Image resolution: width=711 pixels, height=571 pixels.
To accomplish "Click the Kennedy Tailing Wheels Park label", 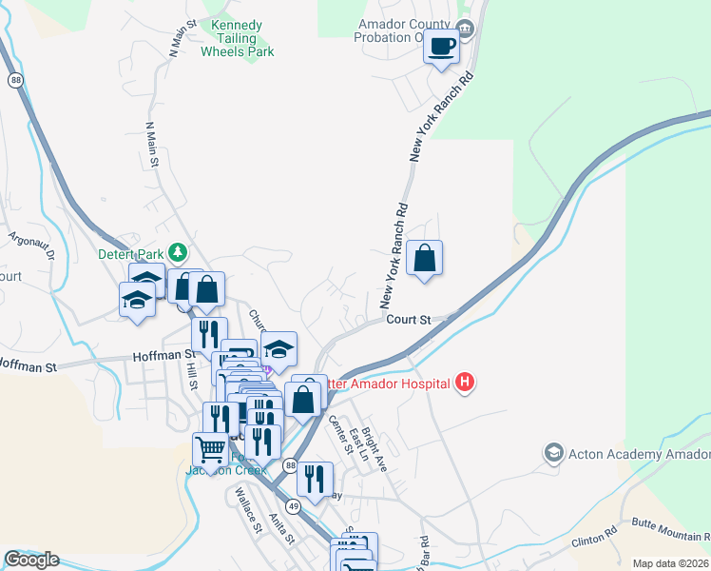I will point(237,38).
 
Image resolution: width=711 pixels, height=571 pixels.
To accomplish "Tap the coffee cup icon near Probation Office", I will point(441,47).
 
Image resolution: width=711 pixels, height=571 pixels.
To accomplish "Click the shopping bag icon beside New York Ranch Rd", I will point(424,258).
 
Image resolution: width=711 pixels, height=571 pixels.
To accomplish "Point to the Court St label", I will point(409,320).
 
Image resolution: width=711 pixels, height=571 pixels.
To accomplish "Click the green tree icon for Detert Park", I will point(176,252).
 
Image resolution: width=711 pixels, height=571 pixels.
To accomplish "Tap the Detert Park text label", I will point(131,254).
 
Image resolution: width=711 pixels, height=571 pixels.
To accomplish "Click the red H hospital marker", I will point(464,384).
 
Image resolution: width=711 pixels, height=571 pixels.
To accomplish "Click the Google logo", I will point(31,560).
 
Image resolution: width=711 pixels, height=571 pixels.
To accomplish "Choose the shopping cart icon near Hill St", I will point(210,446).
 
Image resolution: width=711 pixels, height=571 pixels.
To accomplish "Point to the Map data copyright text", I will point(671,563).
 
